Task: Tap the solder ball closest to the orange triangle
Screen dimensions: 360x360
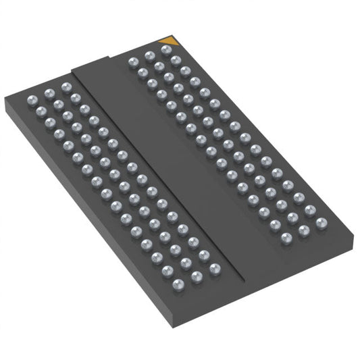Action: [x=166, y=49]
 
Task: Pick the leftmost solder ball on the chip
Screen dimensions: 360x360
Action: [x=30, y=101]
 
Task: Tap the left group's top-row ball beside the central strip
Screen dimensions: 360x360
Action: [x=65, y=87]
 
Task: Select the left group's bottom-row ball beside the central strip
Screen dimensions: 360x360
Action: [x=215, y=269]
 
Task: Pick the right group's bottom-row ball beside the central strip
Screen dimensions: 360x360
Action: [x=286, y=237]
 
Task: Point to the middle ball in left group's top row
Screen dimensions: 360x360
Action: [x=47, y=94]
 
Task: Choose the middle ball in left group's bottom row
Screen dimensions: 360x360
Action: [x=197, y=277]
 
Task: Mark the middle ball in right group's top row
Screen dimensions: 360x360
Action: [x=149, y=55]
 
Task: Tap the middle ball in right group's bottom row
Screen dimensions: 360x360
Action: [x=304, y=230]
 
